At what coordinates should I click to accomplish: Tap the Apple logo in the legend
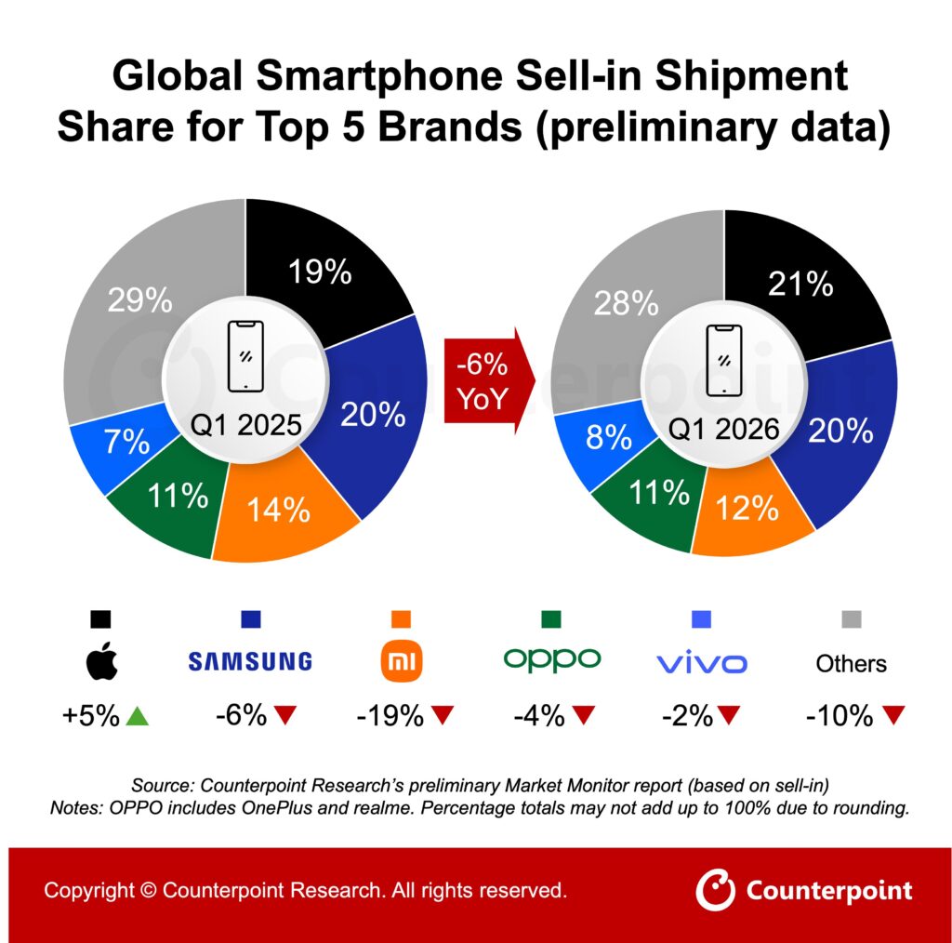[101, 662]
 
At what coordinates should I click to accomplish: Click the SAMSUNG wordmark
[249, 662]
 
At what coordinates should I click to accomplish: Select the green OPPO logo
[552, 660]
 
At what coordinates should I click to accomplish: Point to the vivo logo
[701, 663]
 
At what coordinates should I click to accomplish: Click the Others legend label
[851, 663]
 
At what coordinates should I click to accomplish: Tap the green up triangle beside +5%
[138, 716]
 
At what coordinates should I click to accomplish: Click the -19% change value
[390, 716]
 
